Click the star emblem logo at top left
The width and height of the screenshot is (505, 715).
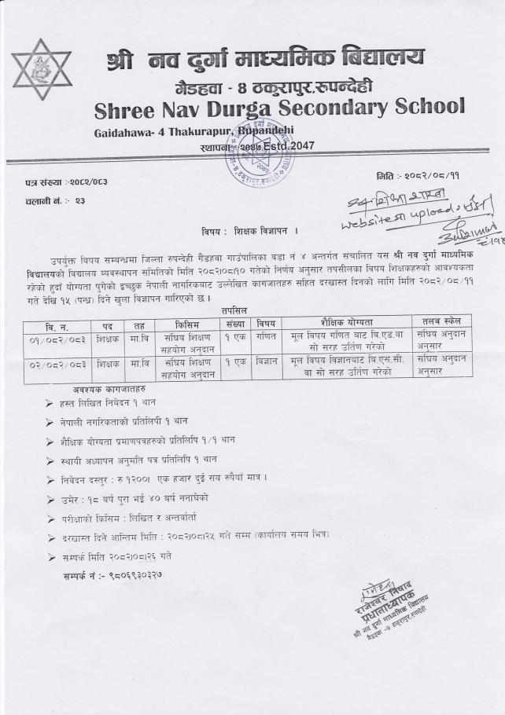click(x=41, y=69)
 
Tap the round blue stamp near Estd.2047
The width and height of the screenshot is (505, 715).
click(x=260, y=148)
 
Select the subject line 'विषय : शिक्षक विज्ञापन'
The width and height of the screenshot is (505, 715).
click(x=252, y=231)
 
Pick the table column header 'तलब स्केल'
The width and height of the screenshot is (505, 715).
click(x=441, y=321)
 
